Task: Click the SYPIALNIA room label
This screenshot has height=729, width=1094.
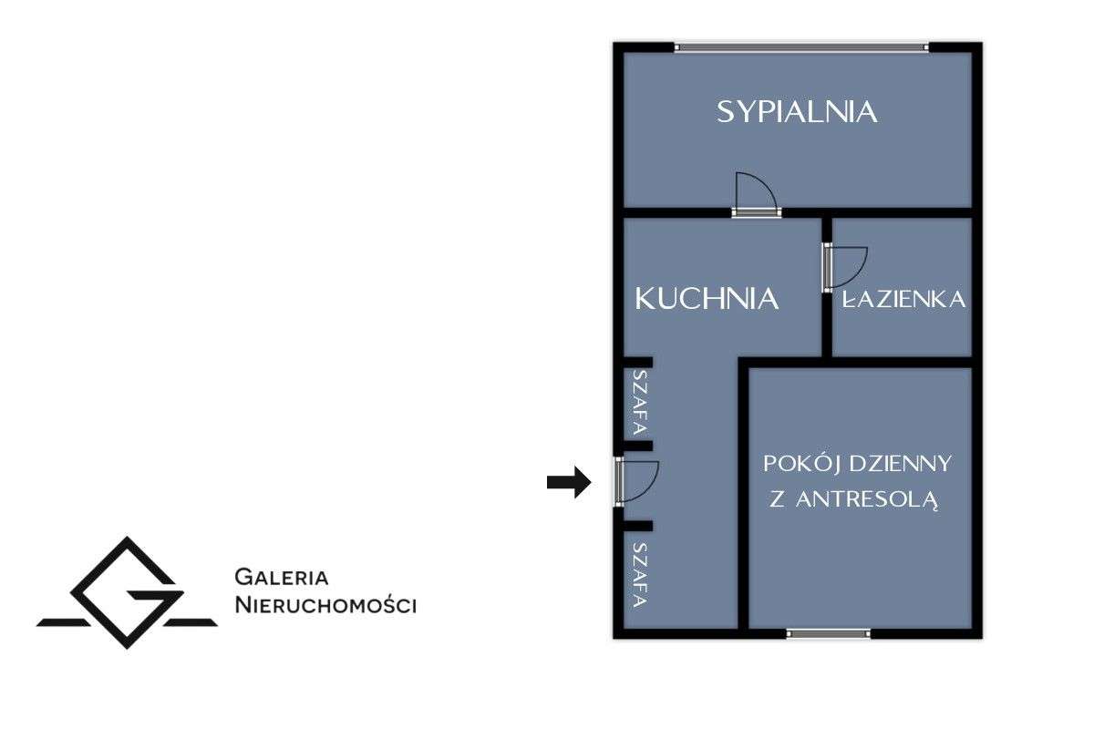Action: coord(797,112)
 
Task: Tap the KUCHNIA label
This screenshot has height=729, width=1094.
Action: coord(707,298)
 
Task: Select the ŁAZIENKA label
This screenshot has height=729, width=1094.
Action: coord(903,300)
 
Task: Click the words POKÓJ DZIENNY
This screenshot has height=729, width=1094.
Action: coord(857,464)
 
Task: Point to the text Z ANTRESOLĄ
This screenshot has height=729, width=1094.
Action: coord(854,500)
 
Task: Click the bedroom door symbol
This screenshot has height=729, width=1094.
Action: coord(757,194)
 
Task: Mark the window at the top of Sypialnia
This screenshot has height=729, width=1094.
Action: coord(801,46)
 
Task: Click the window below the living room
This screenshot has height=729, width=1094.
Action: coord(828,632)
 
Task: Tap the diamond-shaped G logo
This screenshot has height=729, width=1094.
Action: coord(127,593)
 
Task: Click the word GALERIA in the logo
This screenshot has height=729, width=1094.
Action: coord(281,577)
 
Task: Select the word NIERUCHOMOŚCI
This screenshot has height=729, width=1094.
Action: coord(325,604)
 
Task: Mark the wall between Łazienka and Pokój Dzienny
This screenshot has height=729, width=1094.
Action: coord(903,362)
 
